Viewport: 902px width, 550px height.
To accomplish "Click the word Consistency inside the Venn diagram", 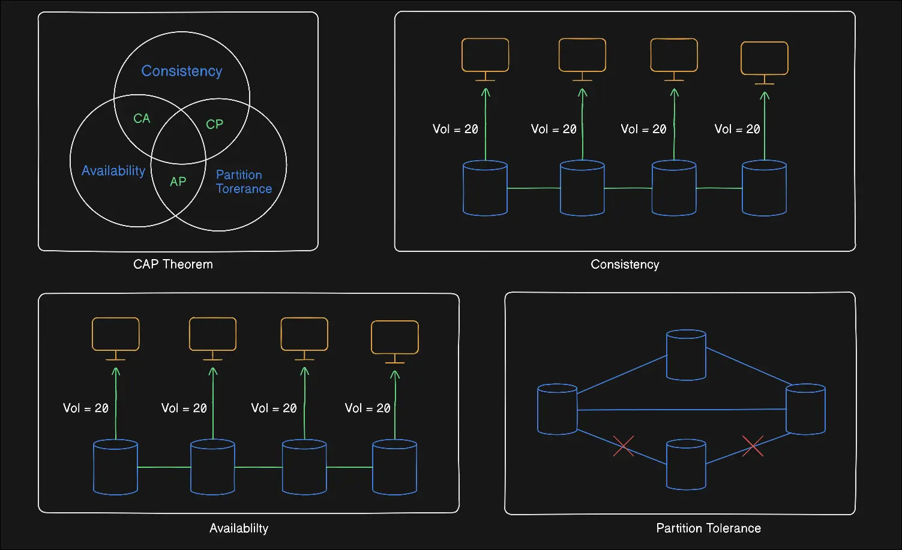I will tap(182, 71).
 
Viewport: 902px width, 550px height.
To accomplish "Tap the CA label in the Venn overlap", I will tap(142, 119).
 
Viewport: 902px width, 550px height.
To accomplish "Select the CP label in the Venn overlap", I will tap(214, 124).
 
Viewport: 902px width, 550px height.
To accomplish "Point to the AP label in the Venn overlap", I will tap(178, 182).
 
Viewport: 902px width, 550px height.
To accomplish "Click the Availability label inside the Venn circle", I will tap(113, 171).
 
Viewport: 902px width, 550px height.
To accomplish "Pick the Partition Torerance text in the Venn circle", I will tap(244, 182).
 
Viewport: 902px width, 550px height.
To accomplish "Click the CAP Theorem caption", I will tap(173, 265).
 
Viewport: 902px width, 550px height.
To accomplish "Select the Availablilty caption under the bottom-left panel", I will tap(239, 528).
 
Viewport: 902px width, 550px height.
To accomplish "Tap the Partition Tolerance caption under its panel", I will tap(708, 528).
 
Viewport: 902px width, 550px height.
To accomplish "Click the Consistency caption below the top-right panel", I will tap(625, 265).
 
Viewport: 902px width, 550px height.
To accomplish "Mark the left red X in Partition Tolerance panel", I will tap(624, 446).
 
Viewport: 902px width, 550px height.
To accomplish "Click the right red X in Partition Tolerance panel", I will tap(753, 446).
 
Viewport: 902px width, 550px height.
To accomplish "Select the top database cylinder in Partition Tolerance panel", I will tap(686, 355).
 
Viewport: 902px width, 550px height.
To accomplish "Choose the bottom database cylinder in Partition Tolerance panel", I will tap(686, 465).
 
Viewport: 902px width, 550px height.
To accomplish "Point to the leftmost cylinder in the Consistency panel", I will tap(486, 188).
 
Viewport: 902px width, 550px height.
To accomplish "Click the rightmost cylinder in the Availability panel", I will tap(395, 467).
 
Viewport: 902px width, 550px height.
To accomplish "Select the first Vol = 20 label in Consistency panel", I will tap(456, 130).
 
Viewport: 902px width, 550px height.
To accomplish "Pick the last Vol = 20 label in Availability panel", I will tap(368, 408).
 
